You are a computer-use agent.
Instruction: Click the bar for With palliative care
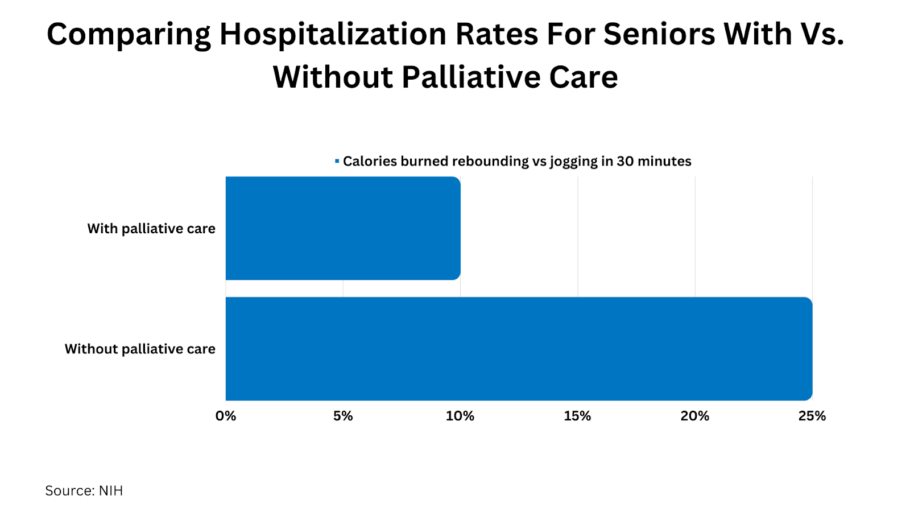[x=343, y=228]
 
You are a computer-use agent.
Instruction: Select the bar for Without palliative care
[x=519, y=349]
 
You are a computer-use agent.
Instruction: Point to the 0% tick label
[x=226, y=416]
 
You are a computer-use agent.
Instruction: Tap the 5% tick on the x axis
[x=343, y=416]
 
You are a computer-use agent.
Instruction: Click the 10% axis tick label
[x=460, y=416]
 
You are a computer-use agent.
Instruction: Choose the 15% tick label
[x=577, y=416]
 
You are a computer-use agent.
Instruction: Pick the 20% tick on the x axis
[x=694, y=416]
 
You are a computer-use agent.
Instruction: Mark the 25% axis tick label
[x=812, y=416]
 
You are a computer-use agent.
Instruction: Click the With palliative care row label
[x=151, y=229]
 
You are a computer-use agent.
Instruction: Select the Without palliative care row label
[x=140, y=349]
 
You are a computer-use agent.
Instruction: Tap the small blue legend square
[x=337, y=162]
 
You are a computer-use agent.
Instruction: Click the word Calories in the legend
[x=370, y=162]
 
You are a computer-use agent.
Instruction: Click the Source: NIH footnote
[x=84, y=491]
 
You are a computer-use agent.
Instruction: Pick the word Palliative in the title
[x=470, y=78]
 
